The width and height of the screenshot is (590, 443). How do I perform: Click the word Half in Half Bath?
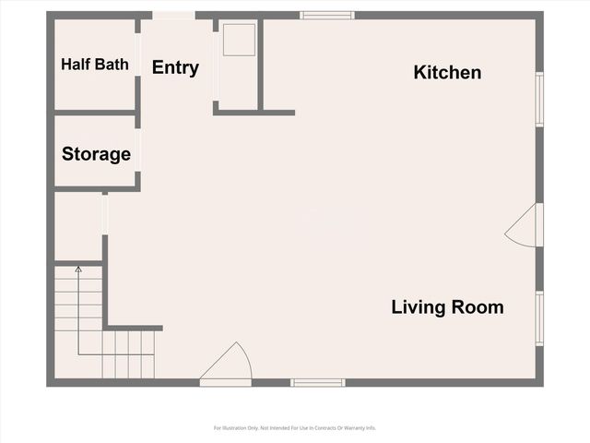[77, 65]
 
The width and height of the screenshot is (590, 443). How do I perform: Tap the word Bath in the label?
[111, 65]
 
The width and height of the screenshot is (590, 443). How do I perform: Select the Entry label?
[175, 67]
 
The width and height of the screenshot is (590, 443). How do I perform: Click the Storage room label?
[96, 154]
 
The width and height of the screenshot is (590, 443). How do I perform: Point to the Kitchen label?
[447, 72]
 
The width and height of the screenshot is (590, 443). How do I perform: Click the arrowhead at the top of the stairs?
[78, 269]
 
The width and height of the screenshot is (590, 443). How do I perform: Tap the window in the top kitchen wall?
[327, 15]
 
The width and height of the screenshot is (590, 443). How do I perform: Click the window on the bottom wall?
[318, 382]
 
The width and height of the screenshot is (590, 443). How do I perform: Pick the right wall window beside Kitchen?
[539, 99]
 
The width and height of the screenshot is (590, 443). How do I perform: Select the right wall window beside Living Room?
[539, 318]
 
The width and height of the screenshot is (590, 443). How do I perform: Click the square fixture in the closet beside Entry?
[238, 40]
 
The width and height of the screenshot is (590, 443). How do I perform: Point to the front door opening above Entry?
[173, 15]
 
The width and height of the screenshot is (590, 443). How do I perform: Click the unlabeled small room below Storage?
[78, 226]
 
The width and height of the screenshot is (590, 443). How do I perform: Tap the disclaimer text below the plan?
[295, 428]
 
